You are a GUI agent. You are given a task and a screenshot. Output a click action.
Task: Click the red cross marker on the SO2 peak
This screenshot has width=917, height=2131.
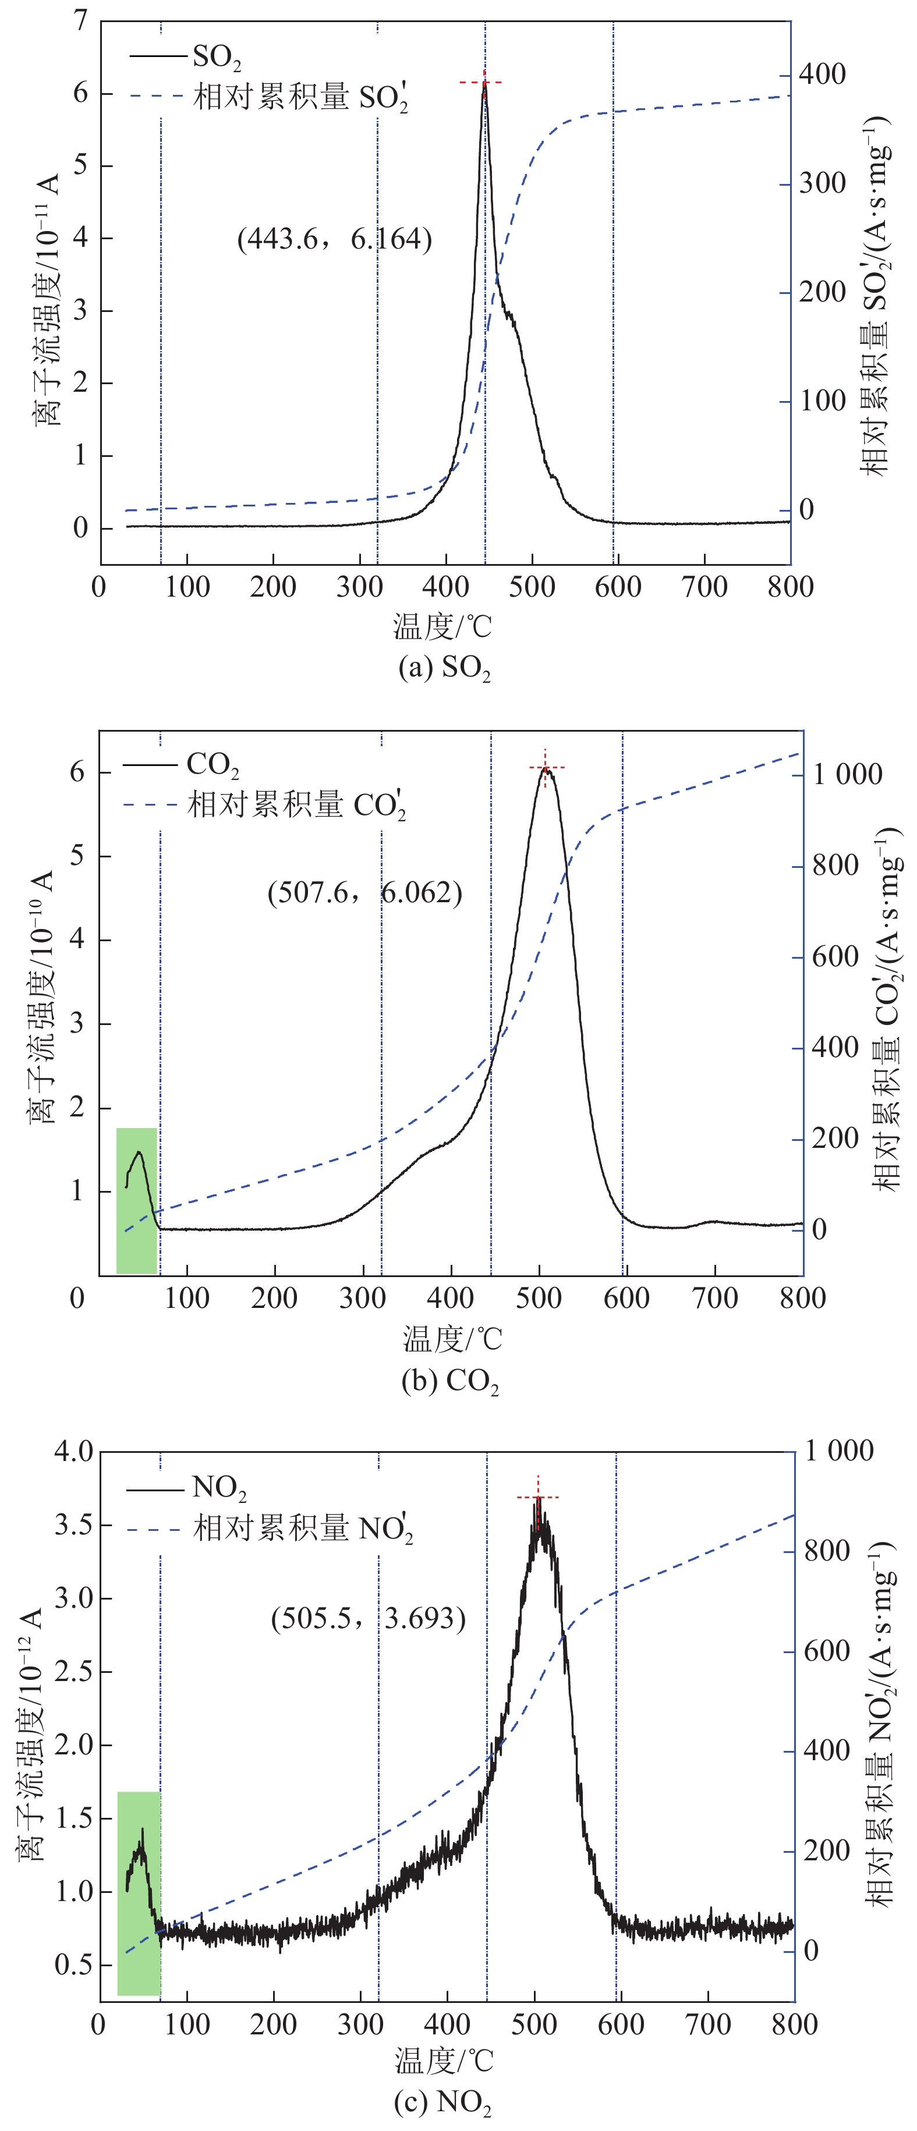coord(484,83)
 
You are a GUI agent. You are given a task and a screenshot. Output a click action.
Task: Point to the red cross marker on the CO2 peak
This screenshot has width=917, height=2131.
coord(546,768)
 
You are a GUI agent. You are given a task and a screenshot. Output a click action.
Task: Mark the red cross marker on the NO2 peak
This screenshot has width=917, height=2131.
coord(538,1497)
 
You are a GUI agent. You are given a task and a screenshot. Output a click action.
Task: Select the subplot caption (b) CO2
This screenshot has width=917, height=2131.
coord(449,1381)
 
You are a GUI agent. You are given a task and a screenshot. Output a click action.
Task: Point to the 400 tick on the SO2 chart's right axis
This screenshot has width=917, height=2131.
coord(822,75)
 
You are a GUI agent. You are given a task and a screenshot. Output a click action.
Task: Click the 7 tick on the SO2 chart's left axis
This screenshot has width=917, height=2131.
coord(80,21)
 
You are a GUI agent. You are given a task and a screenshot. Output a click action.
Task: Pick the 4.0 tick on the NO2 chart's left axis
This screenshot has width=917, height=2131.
coord(74,1451)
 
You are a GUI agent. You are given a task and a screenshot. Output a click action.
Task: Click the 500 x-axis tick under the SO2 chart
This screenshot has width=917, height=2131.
coord(532,587)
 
